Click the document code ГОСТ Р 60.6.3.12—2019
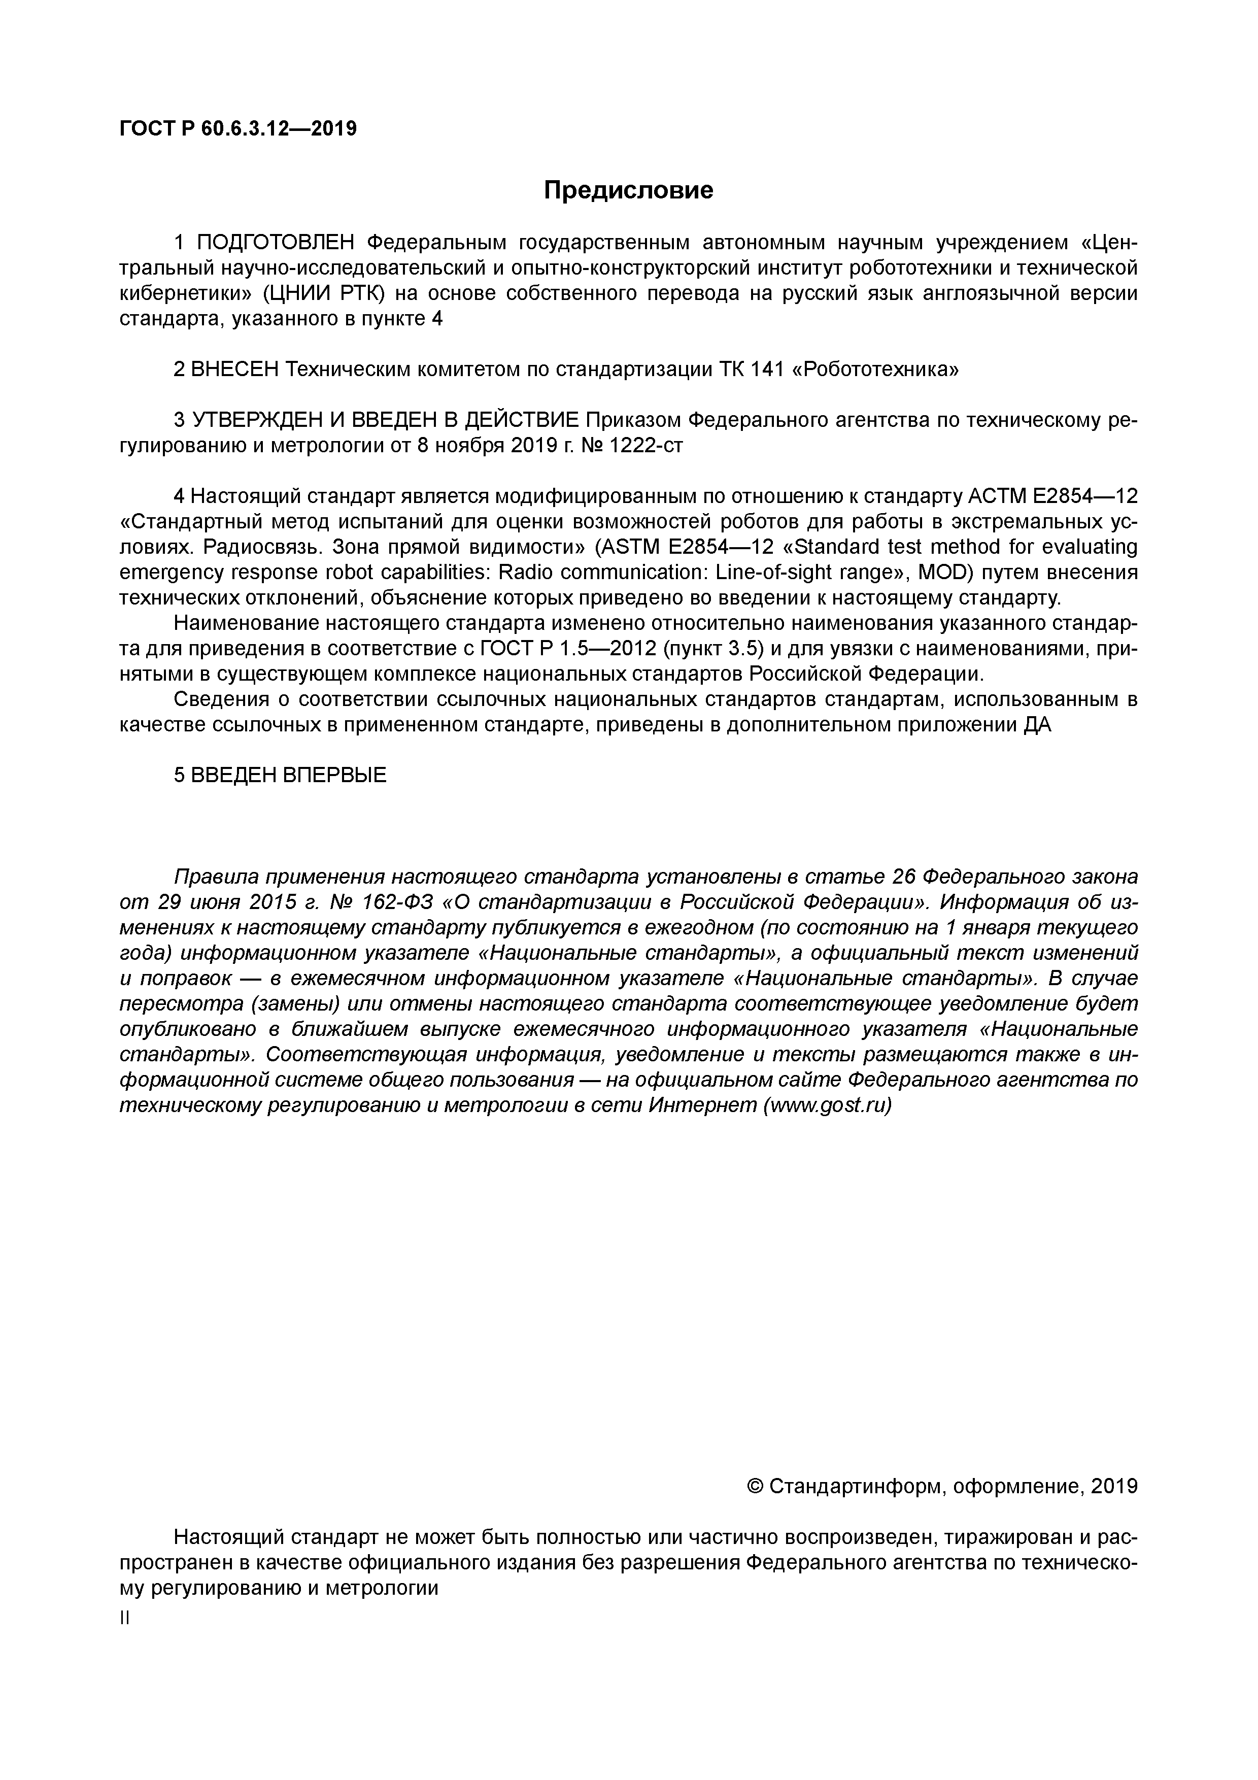[x=238, y=129]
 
